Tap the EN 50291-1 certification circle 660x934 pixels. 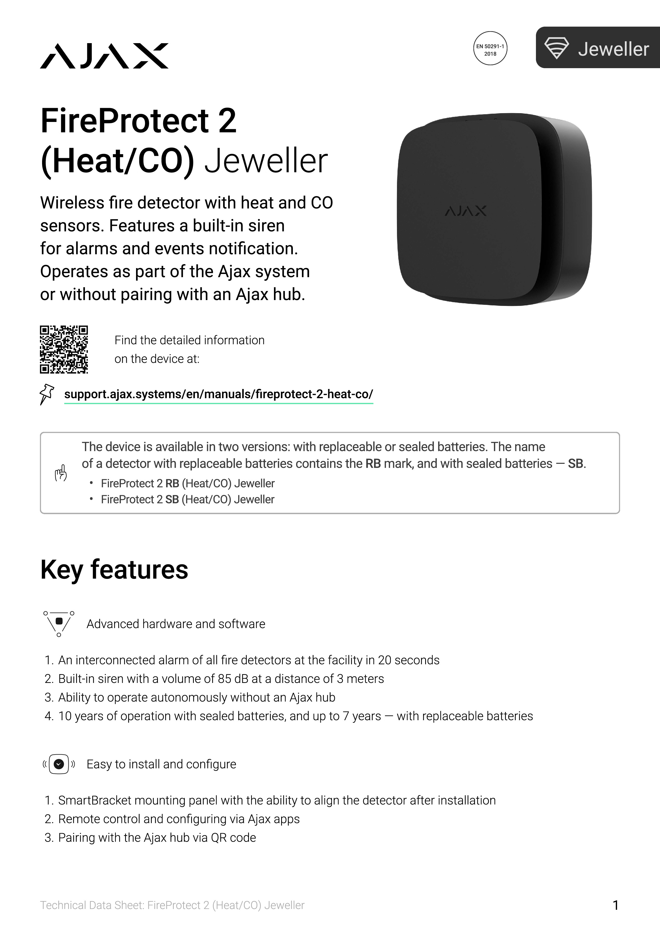(x=490, y=48)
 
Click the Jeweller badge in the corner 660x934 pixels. (x=598, y=48)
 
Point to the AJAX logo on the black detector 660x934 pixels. (x=466, y=211)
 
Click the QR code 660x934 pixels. (x=64, y=349)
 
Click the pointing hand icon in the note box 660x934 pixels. (x=61, y=473)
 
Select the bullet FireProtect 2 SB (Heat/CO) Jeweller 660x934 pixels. (x=187, y=499)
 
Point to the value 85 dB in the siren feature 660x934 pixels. (x=230, y=678)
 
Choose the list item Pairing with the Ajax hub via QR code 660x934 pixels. (x=157, y=838)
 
